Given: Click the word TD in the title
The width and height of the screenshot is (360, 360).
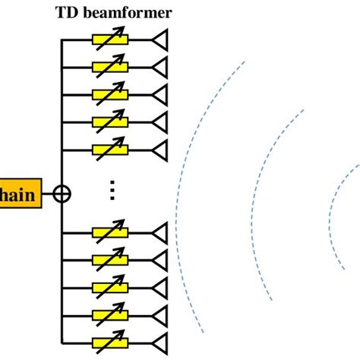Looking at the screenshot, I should coord(66,12).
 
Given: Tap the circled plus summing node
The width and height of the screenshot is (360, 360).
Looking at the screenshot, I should coord(63,194).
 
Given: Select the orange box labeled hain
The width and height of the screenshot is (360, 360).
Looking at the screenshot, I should coord(20,194).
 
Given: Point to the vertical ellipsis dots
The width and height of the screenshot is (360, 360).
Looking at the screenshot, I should coord(112,190).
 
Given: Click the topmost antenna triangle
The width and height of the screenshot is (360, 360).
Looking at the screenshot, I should coord(159,39).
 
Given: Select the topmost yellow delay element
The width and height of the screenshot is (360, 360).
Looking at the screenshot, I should coord(109,39).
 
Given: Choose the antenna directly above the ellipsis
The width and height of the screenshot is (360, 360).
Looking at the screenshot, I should coord(159,149).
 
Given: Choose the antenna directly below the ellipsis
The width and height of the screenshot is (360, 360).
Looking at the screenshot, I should coord(159,232).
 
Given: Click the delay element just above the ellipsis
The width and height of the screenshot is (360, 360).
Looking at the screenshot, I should coord(109,149).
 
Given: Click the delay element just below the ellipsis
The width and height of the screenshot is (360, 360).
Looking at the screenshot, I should coord(109,232).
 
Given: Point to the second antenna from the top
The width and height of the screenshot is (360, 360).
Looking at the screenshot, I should coord(159,67).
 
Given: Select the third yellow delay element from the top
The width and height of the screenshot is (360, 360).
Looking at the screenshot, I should coord(109,94).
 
